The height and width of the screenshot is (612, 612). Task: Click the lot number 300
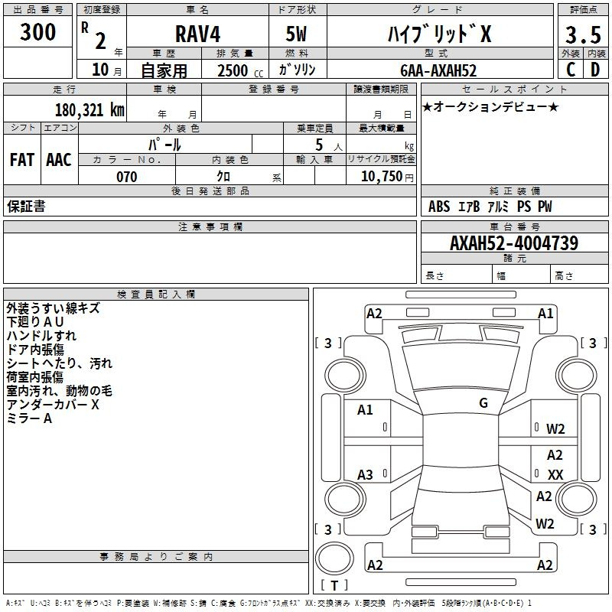[x=37, y=32]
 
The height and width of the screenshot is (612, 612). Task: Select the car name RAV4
[x=197, y=34]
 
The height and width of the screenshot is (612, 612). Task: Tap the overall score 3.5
[x=583, y=34]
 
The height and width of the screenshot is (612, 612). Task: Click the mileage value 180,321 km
[x=90, y=110]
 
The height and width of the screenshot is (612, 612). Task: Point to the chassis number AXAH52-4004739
[x=514, y=243]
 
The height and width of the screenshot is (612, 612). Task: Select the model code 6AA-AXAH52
[x=438, y=70]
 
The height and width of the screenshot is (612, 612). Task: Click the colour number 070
[x=127, y=177]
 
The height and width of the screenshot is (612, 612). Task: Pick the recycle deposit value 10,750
[x=382, y=177]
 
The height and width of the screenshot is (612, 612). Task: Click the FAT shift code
[x=22, y=160]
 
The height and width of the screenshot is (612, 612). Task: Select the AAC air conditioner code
[x=59, y=160]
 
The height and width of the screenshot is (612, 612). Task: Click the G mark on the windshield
[x=483, y=403]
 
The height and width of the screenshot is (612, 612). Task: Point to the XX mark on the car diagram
[x=555, y=474]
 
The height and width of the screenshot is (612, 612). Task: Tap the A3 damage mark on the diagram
[x=365, y=474]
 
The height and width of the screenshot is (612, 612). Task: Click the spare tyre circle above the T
[x=334, y=558]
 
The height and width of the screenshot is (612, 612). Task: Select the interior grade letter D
[x=595, y=70]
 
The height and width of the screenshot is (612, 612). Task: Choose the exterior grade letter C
[x=571, y=70]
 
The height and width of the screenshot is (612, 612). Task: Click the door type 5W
[x=296, y=34]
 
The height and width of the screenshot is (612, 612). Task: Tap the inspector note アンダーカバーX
[x=53, y=405]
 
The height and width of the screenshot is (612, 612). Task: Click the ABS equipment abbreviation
[x=439, y=207]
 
